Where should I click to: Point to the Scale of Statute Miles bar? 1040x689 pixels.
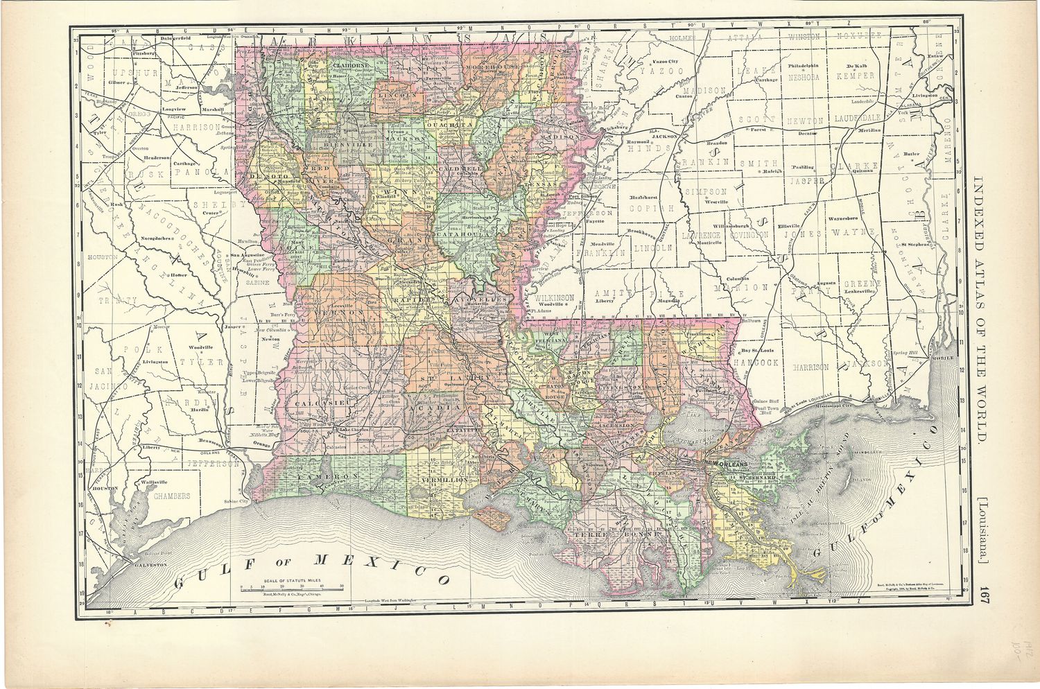point(292,586)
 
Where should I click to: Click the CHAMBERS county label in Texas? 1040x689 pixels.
point(171,496)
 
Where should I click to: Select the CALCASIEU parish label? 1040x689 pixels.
point(315,403)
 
